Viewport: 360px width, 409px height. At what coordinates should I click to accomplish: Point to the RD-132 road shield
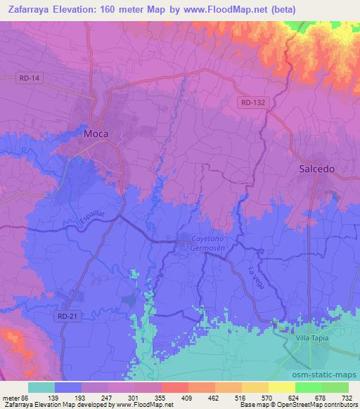pyautogui.click(x=252, y=103)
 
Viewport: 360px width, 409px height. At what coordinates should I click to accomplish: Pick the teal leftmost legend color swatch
pyautogui.click(x=41, y=387)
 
